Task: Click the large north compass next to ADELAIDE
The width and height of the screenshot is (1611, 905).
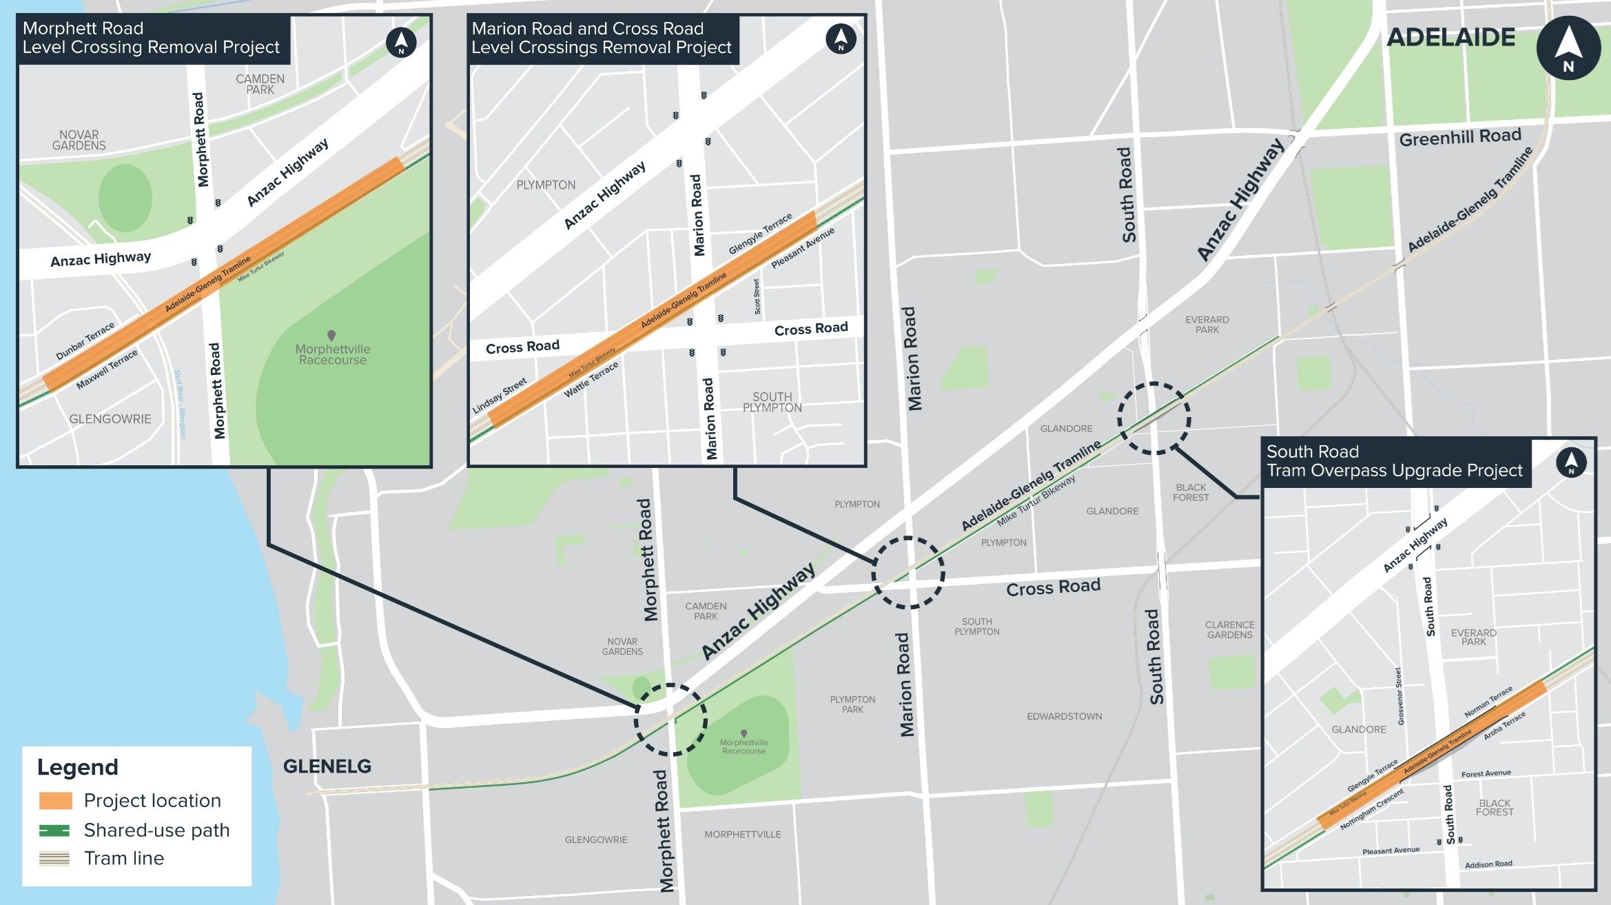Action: pyautogui.click(x=1568, y=48)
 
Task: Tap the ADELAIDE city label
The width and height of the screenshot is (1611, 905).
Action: pyautogui.click(x=1450, y=37)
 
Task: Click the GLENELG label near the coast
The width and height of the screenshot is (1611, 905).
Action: pyautogui.click(x=327, y=766)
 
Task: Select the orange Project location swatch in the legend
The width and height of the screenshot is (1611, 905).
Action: pyautogui.click(x=55, y=800)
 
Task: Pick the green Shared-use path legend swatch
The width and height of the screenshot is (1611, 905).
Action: pyautogui.click(x=55, y=830)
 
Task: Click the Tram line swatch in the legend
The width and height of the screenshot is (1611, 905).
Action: pyautogui.click(x=55, y=858)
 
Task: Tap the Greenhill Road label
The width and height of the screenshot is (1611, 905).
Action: pyautogui.click(x=1459, y=137)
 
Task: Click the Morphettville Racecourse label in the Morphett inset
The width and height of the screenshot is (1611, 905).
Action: pyautogui.click(x=333, y=354)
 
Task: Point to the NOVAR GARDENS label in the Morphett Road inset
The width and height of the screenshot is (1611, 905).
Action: pyautogui.click(x=79, y=140)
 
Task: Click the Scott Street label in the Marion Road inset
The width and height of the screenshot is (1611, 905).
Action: pyautogui.click(x=757, y=296)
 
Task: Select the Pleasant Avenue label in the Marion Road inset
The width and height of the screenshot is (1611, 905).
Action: pyautogui.click(x=802, y=247)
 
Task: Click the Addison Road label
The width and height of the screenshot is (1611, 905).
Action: pyautogui.click(x=1488, y=864)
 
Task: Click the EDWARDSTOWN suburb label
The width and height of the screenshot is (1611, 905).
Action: pyautogui.click(x=1064, y=716)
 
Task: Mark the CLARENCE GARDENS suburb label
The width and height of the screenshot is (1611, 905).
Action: pyautogui.click(x=1229, y=629)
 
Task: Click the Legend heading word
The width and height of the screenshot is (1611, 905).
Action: pyautogui.click(x=77, y=767)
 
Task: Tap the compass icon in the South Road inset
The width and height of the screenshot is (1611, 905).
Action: pyautogui.click(x=1571, y=462)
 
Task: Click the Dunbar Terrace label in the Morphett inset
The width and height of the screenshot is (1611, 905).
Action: pyautogui.click(x=85, y=341)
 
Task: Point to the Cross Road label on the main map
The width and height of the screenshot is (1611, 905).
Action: pyautogui.click(x=1052, y=587)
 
